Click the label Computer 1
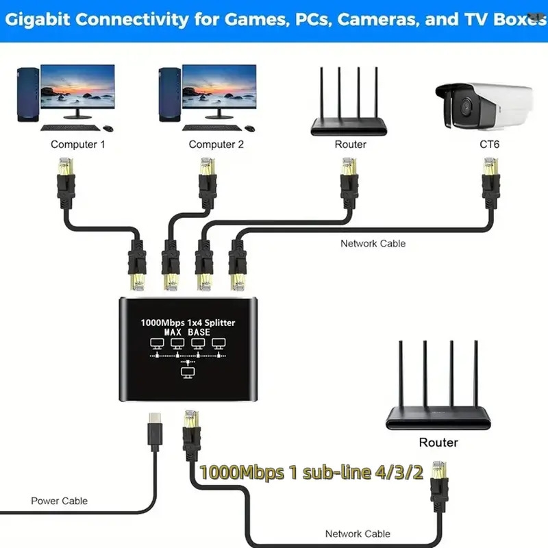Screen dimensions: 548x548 [78, 145]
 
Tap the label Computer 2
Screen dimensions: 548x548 [216, 145]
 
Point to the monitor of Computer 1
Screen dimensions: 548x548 [77, 90]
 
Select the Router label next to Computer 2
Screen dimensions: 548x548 [350, 145]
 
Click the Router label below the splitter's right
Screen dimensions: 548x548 [438, 443]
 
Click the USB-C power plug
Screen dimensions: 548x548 [154, 433]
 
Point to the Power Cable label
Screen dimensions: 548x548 [60, 501]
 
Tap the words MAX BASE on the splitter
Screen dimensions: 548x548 [188, 332]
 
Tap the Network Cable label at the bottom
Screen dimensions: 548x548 [358, 534]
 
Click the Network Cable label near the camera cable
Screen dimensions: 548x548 [373, 243]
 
